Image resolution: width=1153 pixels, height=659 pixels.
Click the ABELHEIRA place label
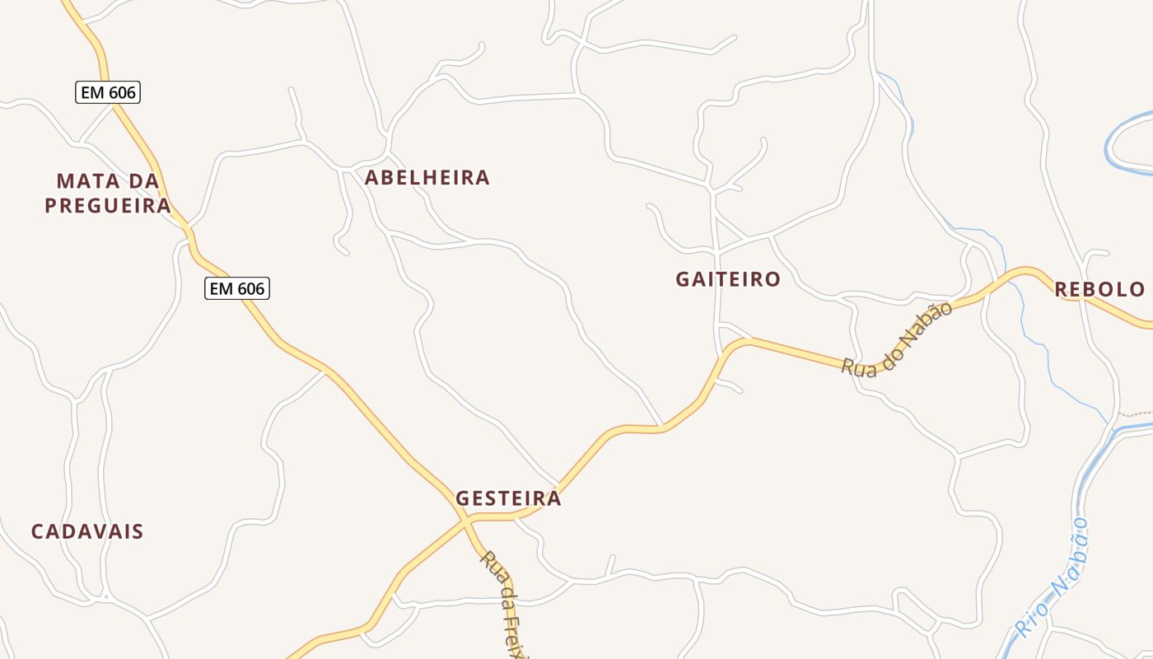427,178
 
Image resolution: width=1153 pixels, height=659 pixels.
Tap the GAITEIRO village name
728,279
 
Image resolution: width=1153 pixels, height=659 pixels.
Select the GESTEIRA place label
508,498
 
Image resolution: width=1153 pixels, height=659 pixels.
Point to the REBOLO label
1099,289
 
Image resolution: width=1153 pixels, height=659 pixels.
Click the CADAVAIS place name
87,532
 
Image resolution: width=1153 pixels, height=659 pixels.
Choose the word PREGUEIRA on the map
108,206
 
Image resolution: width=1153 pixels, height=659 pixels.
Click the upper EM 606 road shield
108,92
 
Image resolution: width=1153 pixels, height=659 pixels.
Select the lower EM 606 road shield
237,288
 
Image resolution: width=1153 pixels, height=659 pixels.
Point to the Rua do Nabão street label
898,339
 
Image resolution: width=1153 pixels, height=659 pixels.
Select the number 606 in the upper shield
121,92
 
